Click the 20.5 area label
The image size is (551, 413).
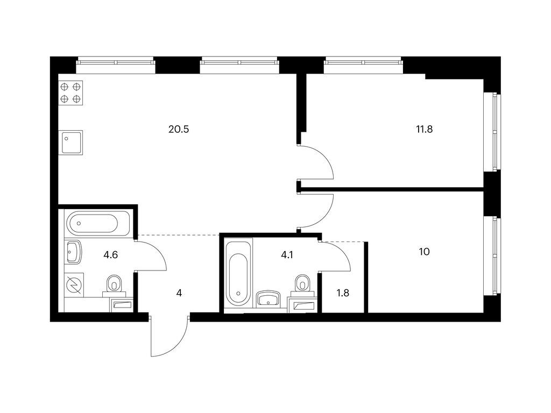coord(179,130)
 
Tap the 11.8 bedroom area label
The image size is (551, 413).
coord(424,130)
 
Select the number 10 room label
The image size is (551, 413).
coord(424,252)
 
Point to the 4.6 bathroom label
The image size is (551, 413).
coord(110,255)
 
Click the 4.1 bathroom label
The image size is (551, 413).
coord(287,255)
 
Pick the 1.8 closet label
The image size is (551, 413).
coord(343,293)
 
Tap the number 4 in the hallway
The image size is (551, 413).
coord(179,293)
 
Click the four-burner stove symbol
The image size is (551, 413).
coord(70,93)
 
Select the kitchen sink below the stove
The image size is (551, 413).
coord(72,143)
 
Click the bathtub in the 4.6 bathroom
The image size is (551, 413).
coord(97,223)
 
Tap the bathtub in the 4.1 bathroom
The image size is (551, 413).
coord(238,275)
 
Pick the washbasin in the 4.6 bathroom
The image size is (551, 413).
coord(73,252)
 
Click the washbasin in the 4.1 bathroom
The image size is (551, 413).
coord(269,299)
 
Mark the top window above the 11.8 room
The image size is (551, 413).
coord(363,65)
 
